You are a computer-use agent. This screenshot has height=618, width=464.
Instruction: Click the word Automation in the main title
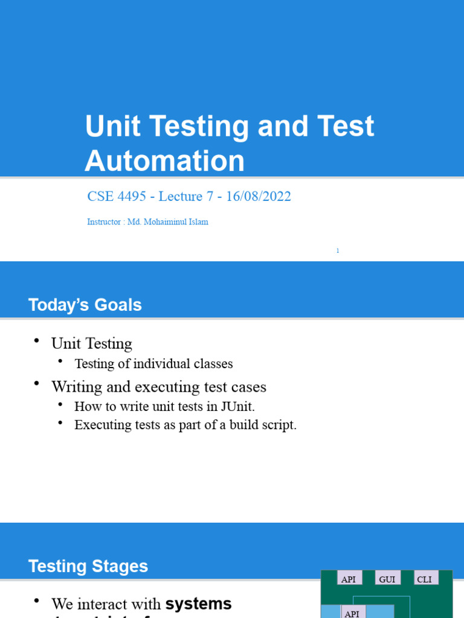(x=164, y=161)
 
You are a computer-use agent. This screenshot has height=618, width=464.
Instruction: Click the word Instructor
(x=104, y=222)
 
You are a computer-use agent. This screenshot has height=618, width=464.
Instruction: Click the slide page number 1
(x=338, y=250)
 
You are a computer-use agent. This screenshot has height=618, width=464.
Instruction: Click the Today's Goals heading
(x=85, y=305)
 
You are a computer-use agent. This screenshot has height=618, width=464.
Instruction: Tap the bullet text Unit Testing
(x=92, y=343)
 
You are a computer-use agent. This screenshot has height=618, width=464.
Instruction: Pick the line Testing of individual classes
(x=153, y=363)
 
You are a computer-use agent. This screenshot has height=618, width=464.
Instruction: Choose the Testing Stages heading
(x=88, y=566)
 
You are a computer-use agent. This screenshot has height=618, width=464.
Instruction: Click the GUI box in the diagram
(x=387, y=579)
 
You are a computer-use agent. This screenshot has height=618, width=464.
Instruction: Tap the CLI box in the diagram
(x=424, y=579)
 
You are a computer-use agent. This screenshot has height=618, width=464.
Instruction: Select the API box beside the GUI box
(x=349, y=579)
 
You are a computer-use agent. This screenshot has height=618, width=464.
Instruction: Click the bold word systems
(x=198, y=604)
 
